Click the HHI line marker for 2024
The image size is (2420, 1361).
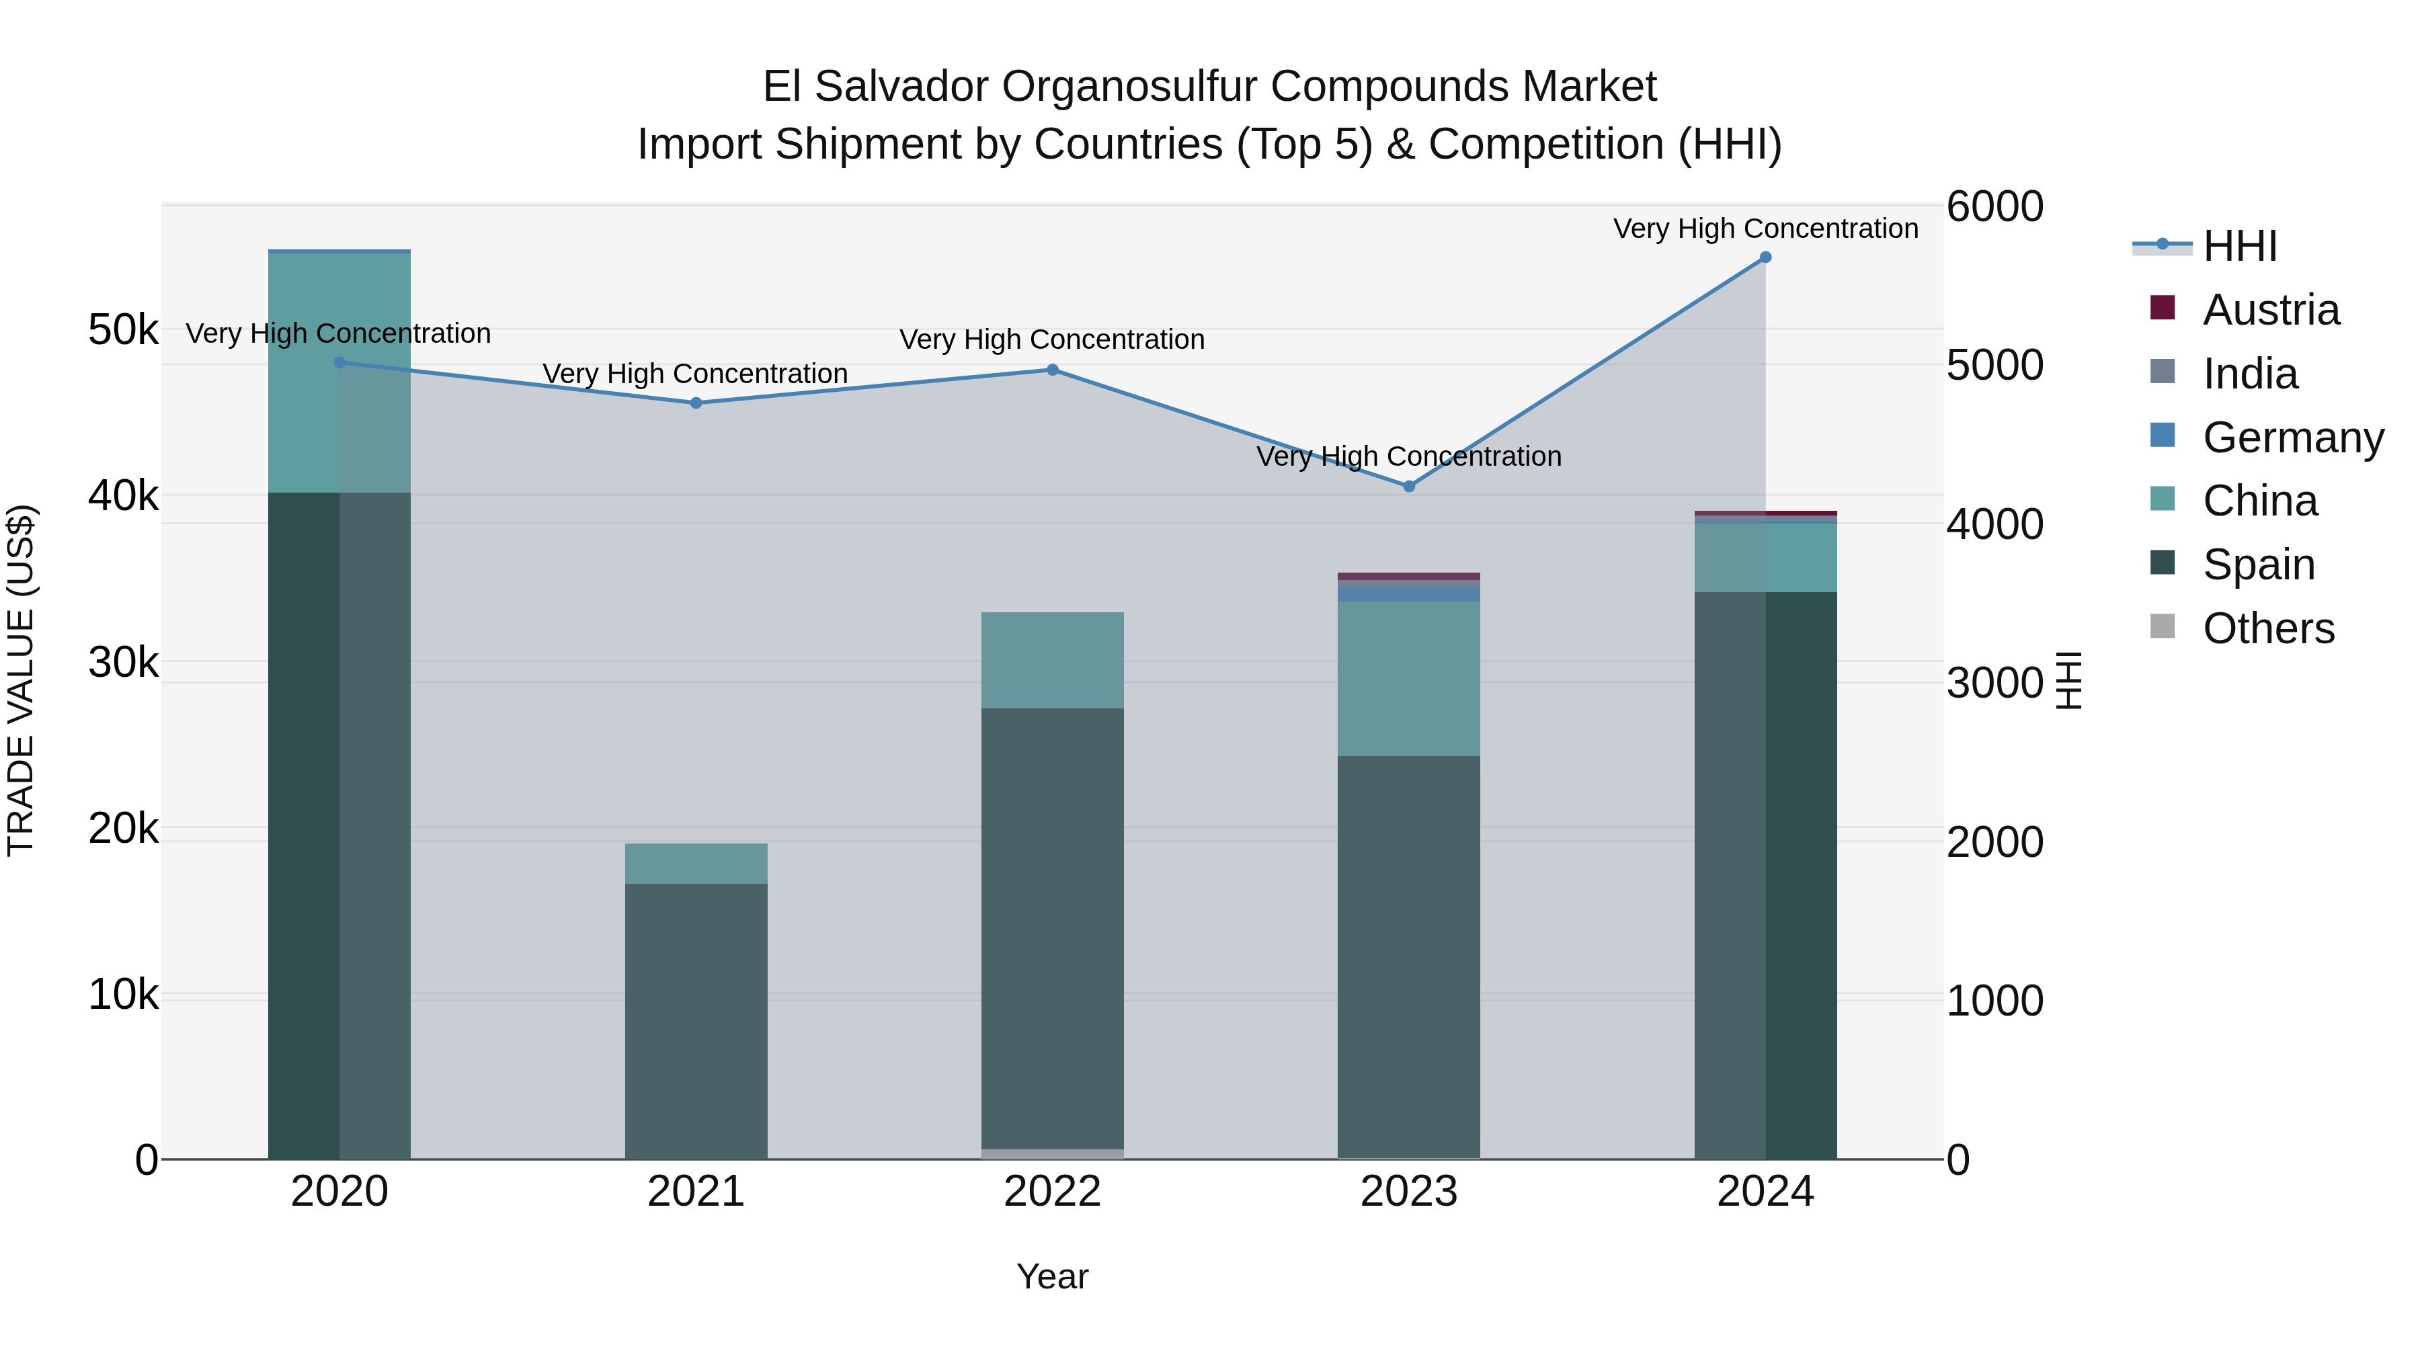pos(1765,257)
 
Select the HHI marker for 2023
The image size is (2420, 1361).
pos(1408,487)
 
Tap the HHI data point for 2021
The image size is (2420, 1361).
pos(696,403)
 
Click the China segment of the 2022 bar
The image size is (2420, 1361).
pos(1052,660)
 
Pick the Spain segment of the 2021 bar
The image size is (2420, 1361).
pos(696,1021)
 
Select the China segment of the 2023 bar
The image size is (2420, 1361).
pos(1408,678)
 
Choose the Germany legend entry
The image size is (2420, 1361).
pos(2292,438)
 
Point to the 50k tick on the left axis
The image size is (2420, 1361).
pos(123,330)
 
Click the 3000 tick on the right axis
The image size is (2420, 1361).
pos(1994,683)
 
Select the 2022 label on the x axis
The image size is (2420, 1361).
pos(1052,1192)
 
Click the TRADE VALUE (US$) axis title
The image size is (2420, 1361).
pos(22,680)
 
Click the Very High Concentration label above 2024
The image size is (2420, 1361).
pos(1765,229)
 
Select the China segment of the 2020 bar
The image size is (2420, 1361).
pos(339,373)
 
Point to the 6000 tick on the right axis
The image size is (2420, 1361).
pos(1994,206)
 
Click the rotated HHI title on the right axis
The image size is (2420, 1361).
pos(2070,680)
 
